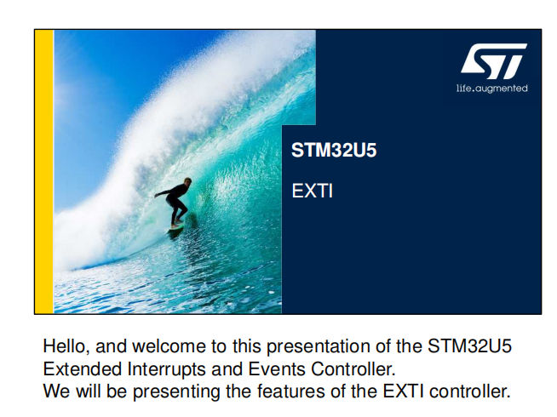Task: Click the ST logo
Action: pos(493,61)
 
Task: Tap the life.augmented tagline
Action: pos(492,89)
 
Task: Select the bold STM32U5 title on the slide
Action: pos(334,150)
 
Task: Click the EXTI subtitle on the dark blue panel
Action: pos(313,191)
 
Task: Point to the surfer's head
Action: pos(187,181)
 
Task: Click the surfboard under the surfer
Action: pos(176,227)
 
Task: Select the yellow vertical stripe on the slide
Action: pos(44,172)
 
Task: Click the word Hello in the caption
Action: pos(66,346)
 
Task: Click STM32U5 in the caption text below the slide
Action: pos(469,346)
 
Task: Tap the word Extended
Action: pos(82,369)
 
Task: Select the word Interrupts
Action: pos(167,370)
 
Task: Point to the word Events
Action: pos(277,369)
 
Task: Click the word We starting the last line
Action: pos(56,391)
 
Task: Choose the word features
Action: pos(290,391)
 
